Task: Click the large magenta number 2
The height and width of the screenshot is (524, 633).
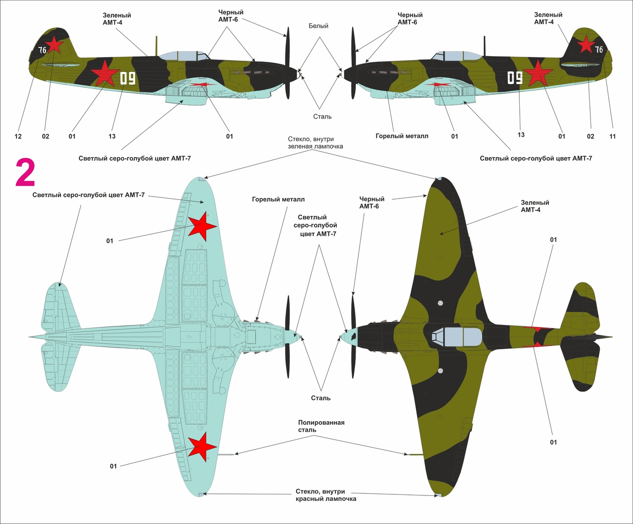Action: (25, 173)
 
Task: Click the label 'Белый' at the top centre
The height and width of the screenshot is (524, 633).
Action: (318, 26)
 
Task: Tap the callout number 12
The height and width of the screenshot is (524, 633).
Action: (18, 136)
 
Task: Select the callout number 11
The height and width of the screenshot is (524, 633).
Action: (613, 136)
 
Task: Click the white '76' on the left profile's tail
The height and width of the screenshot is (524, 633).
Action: (43, 50)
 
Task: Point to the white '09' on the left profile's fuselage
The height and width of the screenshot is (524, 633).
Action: (127, 79)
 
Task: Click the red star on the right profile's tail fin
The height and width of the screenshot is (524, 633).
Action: (586, 44)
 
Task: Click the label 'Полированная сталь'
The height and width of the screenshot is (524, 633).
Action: (321, 426)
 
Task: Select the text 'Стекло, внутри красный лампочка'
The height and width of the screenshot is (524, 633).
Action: (326, 495)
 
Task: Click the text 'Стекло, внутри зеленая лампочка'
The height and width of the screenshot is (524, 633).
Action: (316, 143)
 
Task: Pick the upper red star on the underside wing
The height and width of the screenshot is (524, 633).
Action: (202, 226)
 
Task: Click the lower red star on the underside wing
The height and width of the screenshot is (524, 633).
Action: (202, 446)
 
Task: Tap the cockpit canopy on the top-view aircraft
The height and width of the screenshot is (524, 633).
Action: (456, 336)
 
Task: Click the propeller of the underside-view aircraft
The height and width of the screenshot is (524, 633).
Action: (288, 337)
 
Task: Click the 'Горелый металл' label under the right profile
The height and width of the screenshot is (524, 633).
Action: (402, 136)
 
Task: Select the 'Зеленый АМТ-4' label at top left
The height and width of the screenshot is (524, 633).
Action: (117, 19)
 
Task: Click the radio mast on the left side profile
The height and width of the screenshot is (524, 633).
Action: (157, 46)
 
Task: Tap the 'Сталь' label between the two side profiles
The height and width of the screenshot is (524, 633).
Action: (322, 117)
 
